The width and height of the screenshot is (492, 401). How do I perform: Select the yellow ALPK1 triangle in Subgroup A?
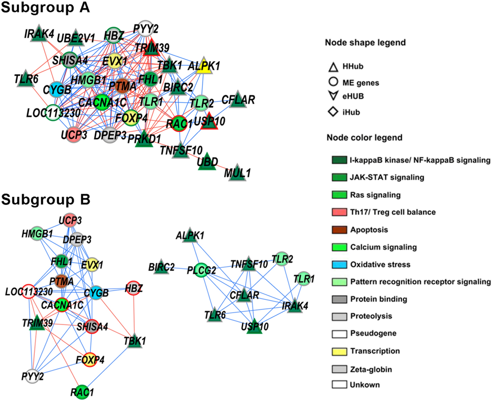tap(204, 66)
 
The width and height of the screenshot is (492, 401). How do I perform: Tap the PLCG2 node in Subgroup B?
tap(202, 270)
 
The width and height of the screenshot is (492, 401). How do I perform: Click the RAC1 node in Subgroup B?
tap(82, 392)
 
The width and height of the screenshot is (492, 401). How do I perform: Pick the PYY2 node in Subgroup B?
tap(32, 376)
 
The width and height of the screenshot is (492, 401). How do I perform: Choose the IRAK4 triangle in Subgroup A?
tap(39, 34)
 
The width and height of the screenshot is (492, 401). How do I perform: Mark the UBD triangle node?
tap(207, 162)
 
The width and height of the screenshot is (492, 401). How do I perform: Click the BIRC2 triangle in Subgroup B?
tap(161, 267)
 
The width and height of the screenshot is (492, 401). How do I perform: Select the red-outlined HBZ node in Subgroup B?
tap(133, 288)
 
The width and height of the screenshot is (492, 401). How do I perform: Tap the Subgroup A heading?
tap(45, 8)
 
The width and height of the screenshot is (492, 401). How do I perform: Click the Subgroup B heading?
tap(46, 199)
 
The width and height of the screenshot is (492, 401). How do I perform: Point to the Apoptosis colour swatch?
tap(339, 230)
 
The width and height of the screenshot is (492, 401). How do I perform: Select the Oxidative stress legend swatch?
tap(339, 264)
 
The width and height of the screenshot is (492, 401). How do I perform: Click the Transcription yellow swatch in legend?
tap(339, 351)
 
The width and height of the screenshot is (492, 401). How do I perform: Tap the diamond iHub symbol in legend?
tap(333, 112)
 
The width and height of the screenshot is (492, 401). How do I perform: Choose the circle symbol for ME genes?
tap(333, 82)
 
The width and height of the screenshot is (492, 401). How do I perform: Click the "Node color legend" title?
tap(364, 138)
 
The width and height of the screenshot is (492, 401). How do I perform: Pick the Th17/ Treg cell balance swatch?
tap(339, 212)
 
